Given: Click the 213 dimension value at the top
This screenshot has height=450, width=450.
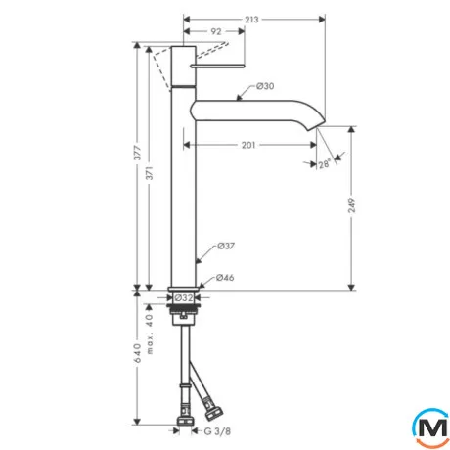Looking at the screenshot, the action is click(251, 20).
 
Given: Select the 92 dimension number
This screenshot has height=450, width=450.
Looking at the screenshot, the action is click(216, 31).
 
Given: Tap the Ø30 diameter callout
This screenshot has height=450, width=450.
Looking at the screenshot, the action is click(265, 86).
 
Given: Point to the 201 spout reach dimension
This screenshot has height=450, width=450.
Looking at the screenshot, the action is click(248, 145).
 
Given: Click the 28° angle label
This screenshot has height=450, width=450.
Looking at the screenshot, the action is click(325, 163).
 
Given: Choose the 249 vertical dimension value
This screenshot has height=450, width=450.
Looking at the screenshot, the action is click(351, 205).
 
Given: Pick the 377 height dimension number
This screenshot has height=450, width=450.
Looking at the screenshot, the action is click(138, 153).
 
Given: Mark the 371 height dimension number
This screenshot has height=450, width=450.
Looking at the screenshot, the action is click(149, 173).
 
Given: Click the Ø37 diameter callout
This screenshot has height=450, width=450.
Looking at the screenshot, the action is click(226, 246).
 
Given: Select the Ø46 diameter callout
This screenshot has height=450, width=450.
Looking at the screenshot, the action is click(225, 278).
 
